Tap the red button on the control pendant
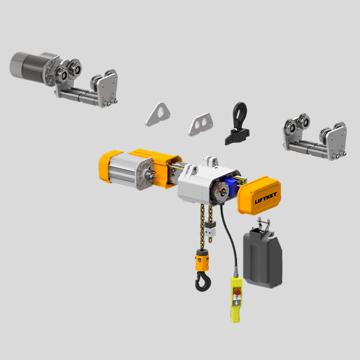(238, 294)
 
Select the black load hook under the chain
(200, 281)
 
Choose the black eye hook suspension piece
(236, 123)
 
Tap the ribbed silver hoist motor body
(127, 170)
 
